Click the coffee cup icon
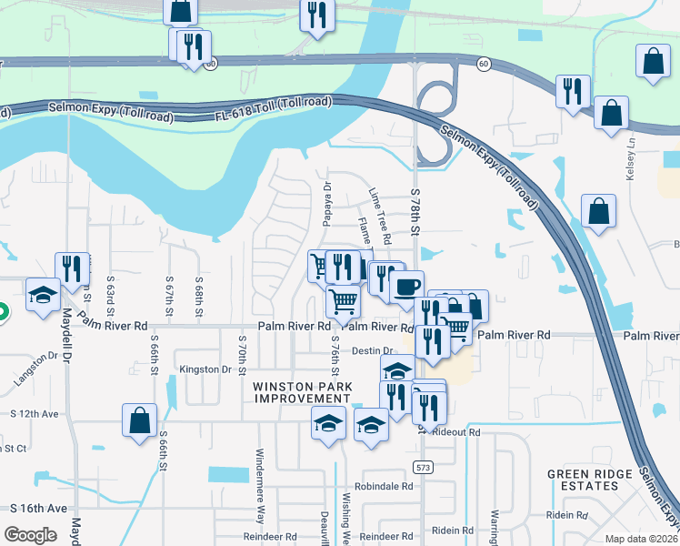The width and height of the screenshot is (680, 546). click(407, 286)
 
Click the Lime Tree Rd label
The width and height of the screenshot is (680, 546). click(380, 217)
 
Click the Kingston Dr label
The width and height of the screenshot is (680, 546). click(205, 369)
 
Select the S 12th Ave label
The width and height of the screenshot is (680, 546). click(35, 414)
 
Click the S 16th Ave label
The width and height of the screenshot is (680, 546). click(38, 508)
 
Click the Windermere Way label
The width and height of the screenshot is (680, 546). click(260, 497)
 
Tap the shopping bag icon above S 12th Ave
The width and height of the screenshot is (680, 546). click(139, 421)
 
